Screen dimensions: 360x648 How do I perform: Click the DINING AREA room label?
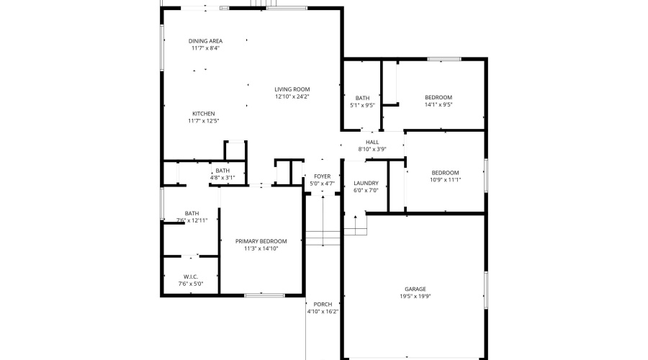(205, 41)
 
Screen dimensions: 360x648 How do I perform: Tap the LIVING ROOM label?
(292, 89)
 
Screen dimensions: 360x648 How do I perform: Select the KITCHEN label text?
(203, 114)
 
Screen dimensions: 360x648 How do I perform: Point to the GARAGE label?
(415, 288)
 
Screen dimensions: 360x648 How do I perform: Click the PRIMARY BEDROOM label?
(261, 241)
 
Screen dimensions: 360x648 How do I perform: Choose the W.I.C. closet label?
(191, 276)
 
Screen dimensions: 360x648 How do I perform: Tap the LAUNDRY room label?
(366, 184)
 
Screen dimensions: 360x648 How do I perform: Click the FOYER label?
(322, 176)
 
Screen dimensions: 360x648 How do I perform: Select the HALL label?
(372, 142)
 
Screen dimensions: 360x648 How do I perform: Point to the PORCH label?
(323, 305)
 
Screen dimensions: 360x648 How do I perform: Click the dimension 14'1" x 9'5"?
(438, 105)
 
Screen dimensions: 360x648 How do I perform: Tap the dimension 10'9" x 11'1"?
(445, 180)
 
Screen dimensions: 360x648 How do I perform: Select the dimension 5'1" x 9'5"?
(362, 105)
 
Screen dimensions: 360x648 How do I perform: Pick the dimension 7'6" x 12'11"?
(192, 220)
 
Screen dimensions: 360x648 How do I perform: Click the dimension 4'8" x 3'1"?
(222, 177)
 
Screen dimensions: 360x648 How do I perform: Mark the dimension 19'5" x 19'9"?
(415, 296)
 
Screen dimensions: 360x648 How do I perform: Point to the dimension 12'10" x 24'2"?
(292, 96)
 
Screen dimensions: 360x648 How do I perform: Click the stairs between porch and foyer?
(323, 238)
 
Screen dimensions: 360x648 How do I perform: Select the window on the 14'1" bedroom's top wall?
(444, 59)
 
